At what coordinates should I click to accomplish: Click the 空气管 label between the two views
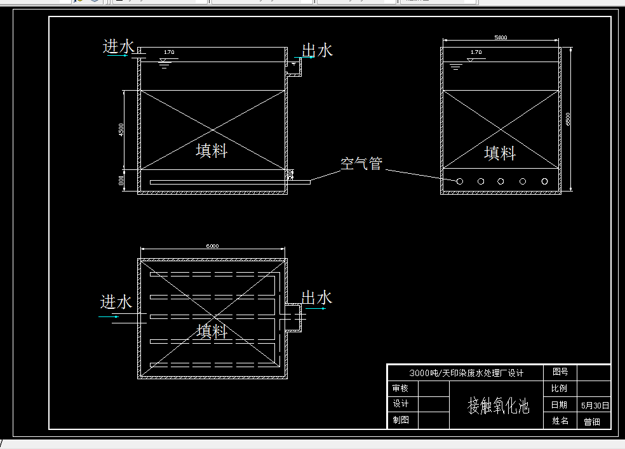click(x=361, y=164)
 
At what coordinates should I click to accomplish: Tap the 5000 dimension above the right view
click(x=501, y=37)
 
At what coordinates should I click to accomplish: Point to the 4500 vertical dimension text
click(x=121, y=129)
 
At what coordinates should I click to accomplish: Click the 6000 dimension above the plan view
click(x=212, y=246)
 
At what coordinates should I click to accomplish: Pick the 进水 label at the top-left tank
click(x=119, y=46)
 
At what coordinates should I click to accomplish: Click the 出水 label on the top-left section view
click(x=317, y=50)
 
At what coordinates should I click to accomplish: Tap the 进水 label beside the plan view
click(x=116, y=302)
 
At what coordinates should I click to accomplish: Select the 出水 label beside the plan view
click(x=316, y=297)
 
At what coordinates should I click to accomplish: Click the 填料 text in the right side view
click(x=500, y=153)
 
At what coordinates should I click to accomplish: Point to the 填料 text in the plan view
click(x=212, y=331)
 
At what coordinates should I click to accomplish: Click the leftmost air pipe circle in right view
click(x=459, y=181)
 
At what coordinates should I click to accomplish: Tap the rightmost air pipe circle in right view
click(x=544, y=181)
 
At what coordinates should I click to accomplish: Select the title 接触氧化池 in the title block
click(x=498, y=405)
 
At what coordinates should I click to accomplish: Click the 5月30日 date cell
click(x=595, y=405)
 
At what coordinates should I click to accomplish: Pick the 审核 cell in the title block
click(x=401, y=388)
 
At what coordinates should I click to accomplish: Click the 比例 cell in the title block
click(x=560, y=388)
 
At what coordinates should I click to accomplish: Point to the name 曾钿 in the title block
click(x=592, y=422)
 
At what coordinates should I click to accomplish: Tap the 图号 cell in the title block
click(x=560, y=372)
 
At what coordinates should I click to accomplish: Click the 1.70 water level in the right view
click(x=476, y=52)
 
